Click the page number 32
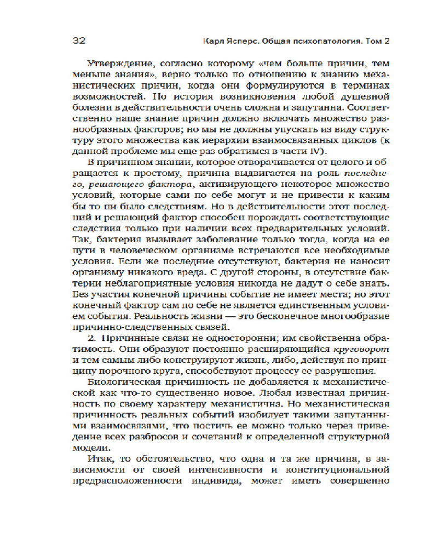80,41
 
